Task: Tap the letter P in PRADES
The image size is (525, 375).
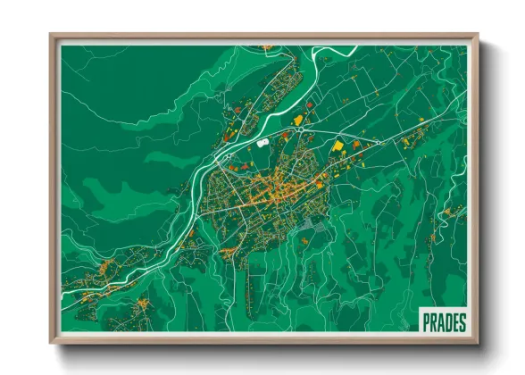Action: (x=426, y=320)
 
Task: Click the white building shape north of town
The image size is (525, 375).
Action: (x=262, y=141)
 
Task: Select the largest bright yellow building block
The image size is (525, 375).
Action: (x=338, y=146)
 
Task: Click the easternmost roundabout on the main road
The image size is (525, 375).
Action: (x=379, y=142)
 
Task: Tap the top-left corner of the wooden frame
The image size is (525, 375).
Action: (x=52, y=36)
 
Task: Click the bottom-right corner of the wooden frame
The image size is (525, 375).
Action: (x=478, y=342)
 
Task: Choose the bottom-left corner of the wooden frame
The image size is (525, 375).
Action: (x=52, y=342)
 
